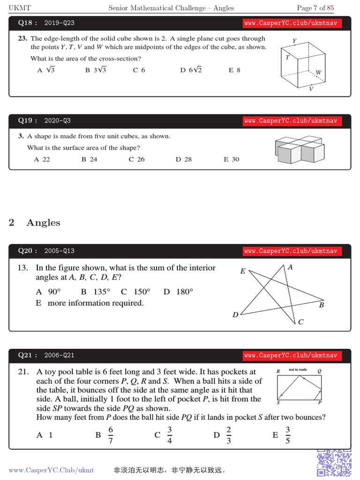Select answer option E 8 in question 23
[234, 70]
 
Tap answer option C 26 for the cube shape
[136, 159]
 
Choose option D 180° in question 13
[178, 292]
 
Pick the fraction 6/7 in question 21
[111, 435]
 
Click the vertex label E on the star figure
[243, 271]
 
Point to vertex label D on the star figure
[235, 315]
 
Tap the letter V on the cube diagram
[311, 89]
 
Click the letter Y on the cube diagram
[294, 41]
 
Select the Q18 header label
[27, 22]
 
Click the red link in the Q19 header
[290, 121]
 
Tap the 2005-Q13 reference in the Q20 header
[59, 251]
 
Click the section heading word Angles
[44, 223]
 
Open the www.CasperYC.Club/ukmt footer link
[51, 470]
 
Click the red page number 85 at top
[330, 8]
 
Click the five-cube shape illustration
[300, 149]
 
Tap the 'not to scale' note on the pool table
[298, 370]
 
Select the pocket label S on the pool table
[278, 403]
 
